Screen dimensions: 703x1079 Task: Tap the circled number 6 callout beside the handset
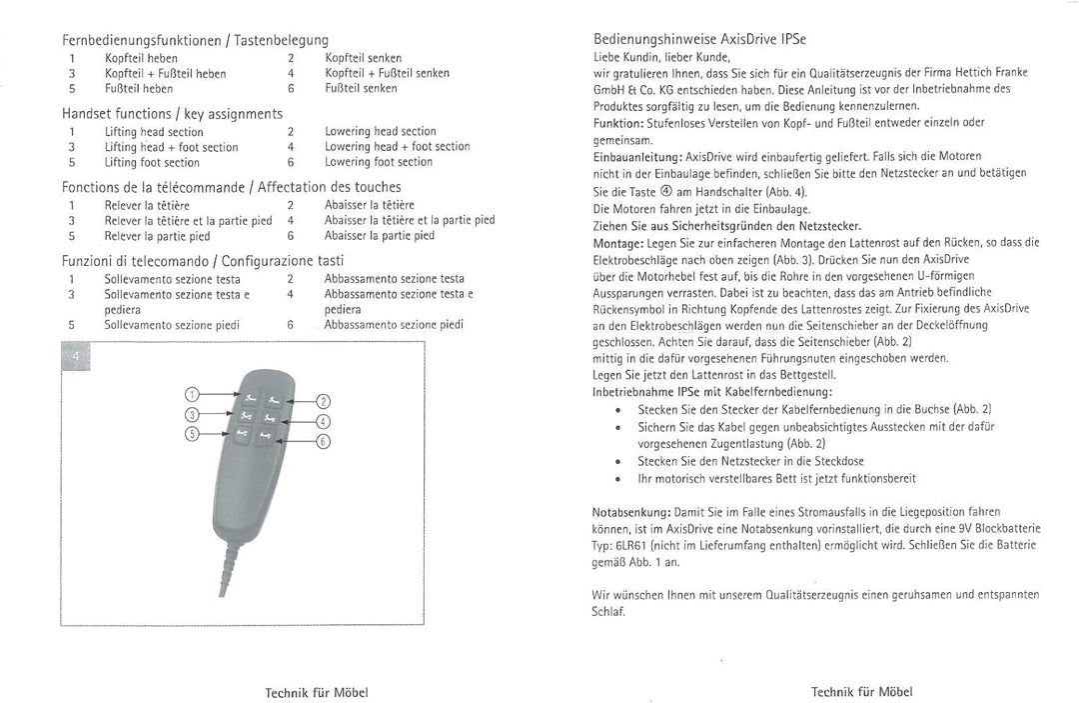(323, 442)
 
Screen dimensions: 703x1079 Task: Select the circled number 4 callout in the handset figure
(323, 421)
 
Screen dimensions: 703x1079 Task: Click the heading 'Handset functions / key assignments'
(172, 114)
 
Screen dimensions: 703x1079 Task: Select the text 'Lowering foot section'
(379, 162)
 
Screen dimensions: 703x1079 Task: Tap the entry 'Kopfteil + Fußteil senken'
(387, 73)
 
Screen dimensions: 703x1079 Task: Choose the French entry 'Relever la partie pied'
(157, 237)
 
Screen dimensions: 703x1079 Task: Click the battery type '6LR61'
(631, 546)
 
